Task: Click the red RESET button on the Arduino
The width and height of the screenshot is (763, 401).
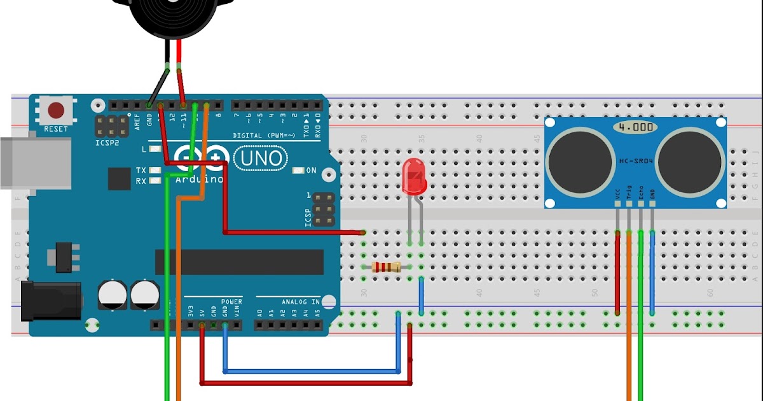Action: pos(57,111)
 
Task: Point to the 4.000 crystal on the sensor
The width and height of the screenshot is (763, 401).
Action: pos(635,127)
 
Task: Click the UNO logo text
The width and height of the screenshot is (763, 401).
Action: pos(260,158)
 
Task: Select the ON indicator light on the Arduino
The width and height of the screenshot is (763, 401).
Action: pos(299,171)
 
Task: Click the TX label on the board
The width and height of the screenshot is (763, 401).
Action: pos(141,171)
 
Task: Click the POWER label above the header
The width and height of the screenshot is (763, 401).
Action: pos(231,302)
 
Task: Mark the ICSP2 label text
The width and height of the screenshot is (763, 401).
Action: pos(107,143)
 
